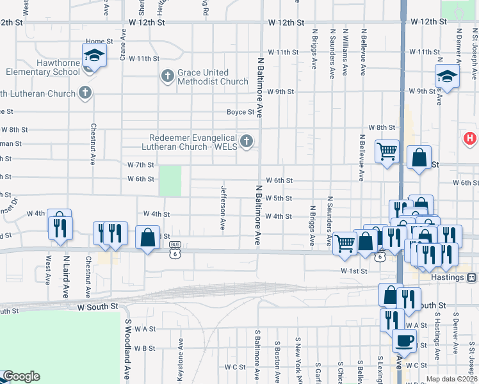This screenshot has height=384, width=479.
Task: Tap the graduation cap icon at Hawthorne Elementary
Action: (x=94, y=55)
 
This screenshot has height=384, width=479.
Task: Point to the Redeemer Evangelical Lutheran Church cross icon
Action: (x=246, y=141)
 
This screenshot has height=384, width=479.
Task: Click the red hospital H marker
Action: (x=470, y=138)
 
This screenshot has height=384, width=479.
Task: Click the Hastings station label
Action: (x=447, y=278)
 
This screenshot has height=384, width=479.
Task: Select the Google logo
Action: (x=20, y=376)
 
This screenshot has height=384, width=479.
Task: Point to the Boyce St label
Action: (x=241, y=112)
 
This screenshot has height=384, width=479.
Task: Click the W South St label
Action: (x=98, y=307)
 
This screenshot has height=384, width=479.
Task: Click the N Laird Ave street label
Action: (x=65, y=277)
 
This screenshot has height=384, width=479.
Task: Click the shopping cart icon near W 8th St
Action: (x=387, y=152)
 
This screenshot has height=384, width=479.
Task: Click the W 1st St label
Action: (x=353, y=271)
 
